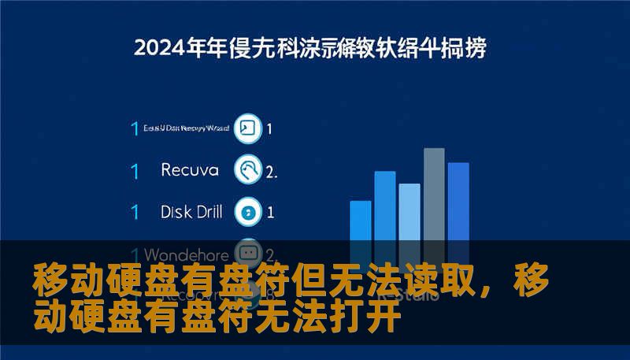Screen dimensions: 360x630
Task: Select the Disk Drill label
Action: pos(191,211)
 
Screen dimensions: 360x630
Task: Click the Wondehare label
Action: pos(187,254)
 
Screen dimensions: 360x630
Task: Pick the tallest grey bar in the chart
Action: pos(434,197)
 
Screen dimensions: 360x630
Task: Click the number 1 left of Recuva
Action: pos(135,170)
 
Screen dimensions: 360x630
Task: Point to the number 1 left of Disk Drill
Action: pos(135,212)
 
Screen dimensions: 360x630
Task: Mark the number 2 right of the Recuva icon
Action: pos(271,171)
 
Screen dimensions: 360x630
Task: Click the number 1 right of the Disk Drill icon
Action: pos(270,212)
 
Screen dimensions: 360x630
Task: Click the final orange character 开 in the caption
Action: pos(384,320)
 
